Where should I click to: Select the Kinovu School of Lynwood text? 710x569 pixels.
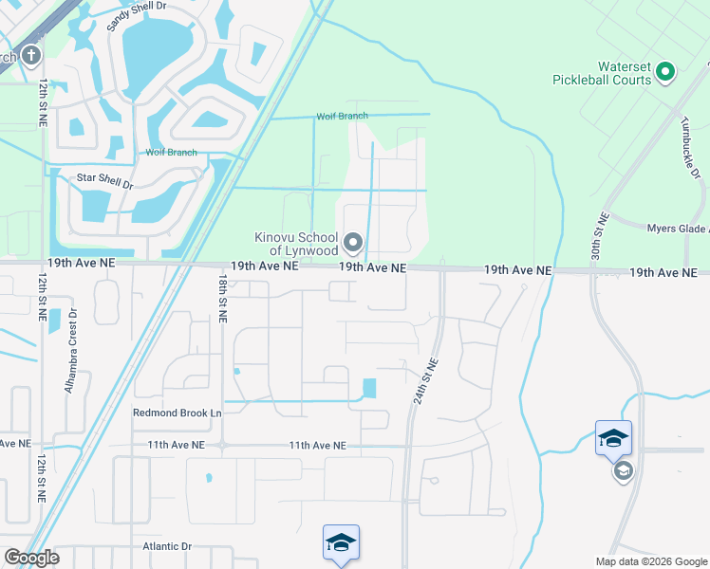(x=295, y=244)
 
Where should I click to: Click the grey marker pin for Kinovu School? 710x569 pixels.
(x=354, y=244)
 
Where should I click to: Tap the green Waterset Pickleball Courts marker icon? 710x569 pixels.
(x=665, y=70)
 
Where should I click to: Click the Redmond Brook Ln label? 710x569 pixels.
(x=177, y=413)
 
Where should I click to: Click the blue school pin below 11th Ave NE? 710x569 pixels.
(x=341, y=543)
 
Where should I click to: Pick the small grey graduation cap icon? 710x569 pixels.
(x=623, y=471)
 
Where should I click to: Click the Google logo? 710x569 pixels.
(x=31, y=558)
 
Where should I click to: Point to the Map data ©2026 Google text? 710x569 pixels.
(x=651, y=561)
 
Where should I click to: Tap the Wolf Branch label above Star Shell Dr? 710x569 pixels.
(x=170, y=153)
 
